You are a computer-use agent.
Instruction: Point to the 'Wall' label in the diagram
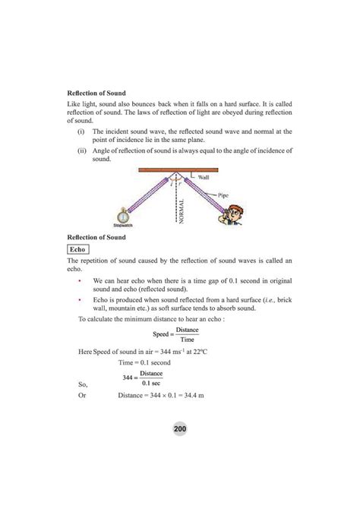204,175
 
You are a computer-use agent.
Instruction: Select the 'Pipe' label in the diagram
223,194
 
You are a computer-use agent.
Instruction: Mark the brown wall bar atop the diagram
180,169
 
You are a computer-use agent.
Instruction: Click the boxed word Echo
77,248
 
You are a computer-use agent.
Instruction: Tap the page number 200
179,429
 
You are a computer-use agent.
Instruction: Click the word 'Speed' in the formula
162,334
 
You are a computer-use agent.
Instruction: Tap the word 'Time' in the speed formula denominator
187,340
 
